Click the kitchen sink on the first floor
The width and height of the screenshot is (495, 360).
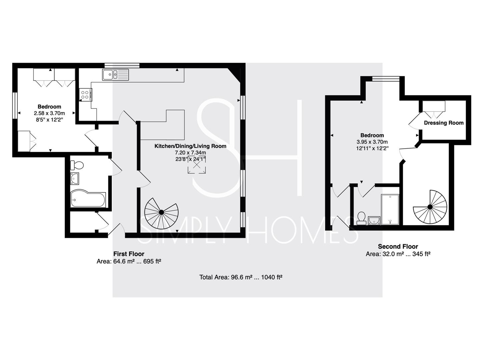(115, 74)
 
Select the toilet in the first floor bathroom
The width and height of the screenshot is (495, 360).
(77, 165)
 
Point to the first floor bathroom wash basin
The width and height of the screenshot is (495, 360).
(75, 179)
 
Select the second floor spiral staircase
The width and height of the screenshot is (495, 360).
(430, 207)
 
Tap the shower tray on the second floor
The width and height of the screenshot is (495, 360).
(390, 209)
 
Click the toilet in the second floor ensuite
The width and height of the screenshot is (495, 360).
(361, 218)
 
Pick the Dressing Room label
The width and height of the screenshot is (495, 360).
(444, 123)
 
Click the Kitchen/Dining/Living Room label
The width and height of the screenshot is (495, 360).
(190, 146)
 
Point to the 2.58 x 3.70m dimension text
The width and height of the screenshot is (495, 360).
(49, 113)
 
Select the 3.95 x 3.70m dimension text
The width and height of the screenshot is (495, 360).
(372, 142)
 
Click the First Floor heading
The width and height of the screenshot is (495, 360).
(129, 254)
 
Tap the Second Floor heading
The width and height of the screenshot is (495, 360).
(398, 246)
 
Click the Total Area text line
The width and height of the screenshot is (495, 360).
(241, 277)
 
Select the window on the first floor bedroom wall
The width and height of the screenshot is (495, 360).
(15, 106)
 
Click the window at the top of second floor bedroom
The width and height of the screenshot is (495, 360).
(386, 79)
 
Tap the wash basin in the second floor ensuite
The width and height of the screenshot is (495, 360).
(374, 220)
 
